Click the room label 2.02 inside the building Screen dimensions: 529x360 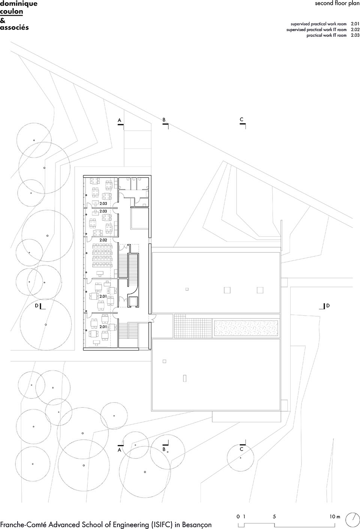tap(103, 240)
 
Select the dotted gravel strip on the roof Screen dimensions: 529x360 tap(246, 328)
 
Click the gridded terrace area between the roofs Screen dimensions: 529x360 tap(193, 327)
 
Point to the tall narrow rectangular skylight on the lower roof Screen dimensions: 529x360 tap(184, 378)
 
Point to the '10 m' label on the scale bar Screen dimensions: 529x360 tap(335, 517)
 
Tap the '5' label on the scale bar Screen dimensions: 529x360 tap(274, 517)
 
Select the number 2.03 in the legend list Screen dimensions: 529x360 tap(355, 35)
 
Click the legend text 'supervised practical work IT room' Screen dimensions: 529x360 tap(316, 29)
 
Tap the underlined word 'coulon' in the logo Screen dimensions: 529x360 tap(12, 12)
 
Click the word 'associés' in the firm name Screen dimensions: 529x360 tap(14, 27)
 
